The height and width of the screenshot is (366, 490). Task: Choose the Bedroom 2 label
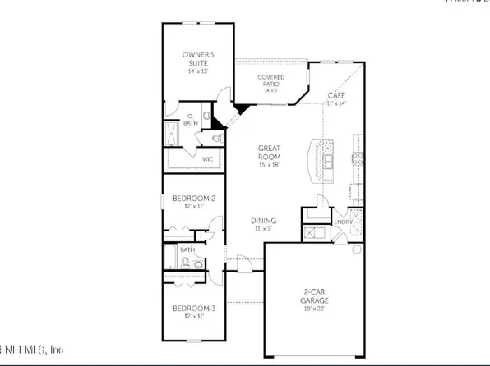coord(193,199)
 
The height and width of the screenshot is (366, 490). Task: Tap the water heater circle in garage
coord(355,248)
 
